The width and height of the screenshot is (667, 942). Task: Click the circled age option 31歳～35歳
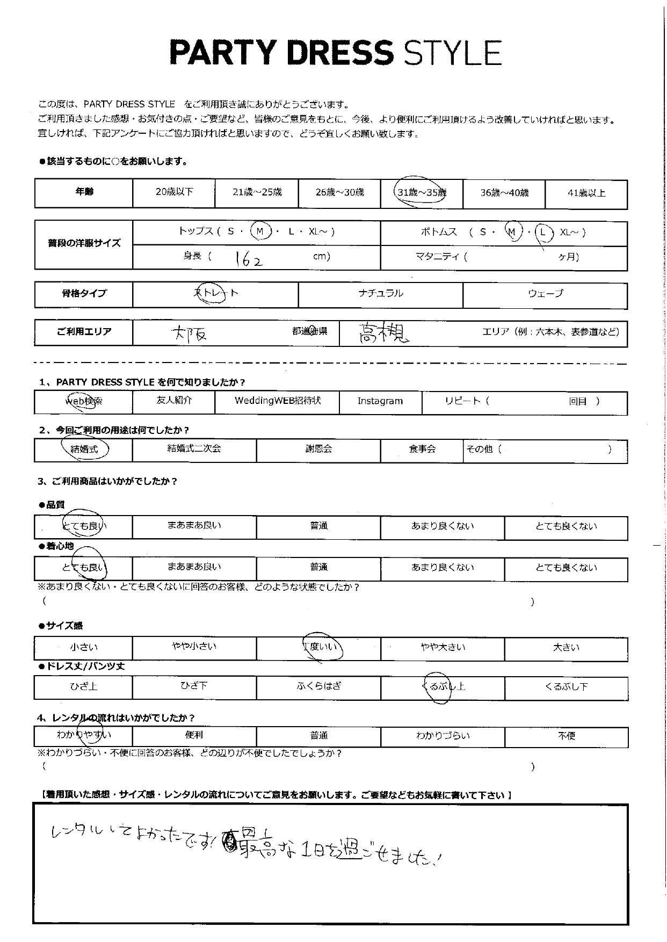coord(422,192)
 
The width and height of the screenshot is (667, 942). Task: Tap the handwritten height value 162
coord(249,259)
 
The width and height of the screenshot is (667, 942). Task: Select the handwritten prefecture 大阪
coord(189,334)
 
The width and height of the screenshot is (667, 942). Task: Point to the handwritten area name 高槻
coord(383,333)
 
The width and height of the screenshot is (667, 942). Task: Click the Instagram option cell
coord(380,401)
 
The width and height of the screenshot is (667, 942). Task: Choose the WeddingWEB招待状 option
coord(277,401)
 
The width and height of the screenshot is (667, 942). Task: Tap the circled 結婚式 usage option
coord(85,449)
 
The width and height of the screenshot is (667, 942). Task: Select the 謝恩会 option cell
coord(318,449)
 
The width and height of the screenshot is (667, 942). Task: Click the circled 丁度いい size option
coord(321,647)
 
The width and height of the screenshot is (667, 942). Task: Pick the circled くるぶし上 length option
coord(443,686)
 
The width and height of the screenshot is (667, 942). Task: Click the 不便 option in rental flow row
coord(567,736)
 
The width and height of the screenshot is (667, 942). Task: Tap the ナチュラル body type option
coord(380,293)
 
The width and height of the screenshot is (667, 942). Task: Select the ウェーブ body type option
coord(545,293)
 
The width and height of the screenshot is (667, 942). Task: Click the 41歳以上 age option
coord(586,193)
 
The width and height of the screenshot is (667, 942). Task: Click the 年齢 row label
coord(84,192)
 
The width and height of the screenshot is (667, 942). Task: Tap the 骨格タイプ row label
coord(84,293)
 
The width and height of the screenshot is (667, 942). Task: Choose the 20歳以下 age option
coord(174,192)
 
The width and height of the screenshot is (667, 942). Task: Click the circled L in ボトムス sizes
coord(544,232)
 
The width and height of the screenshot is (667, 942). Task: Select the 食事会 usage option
coord(422,449)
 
